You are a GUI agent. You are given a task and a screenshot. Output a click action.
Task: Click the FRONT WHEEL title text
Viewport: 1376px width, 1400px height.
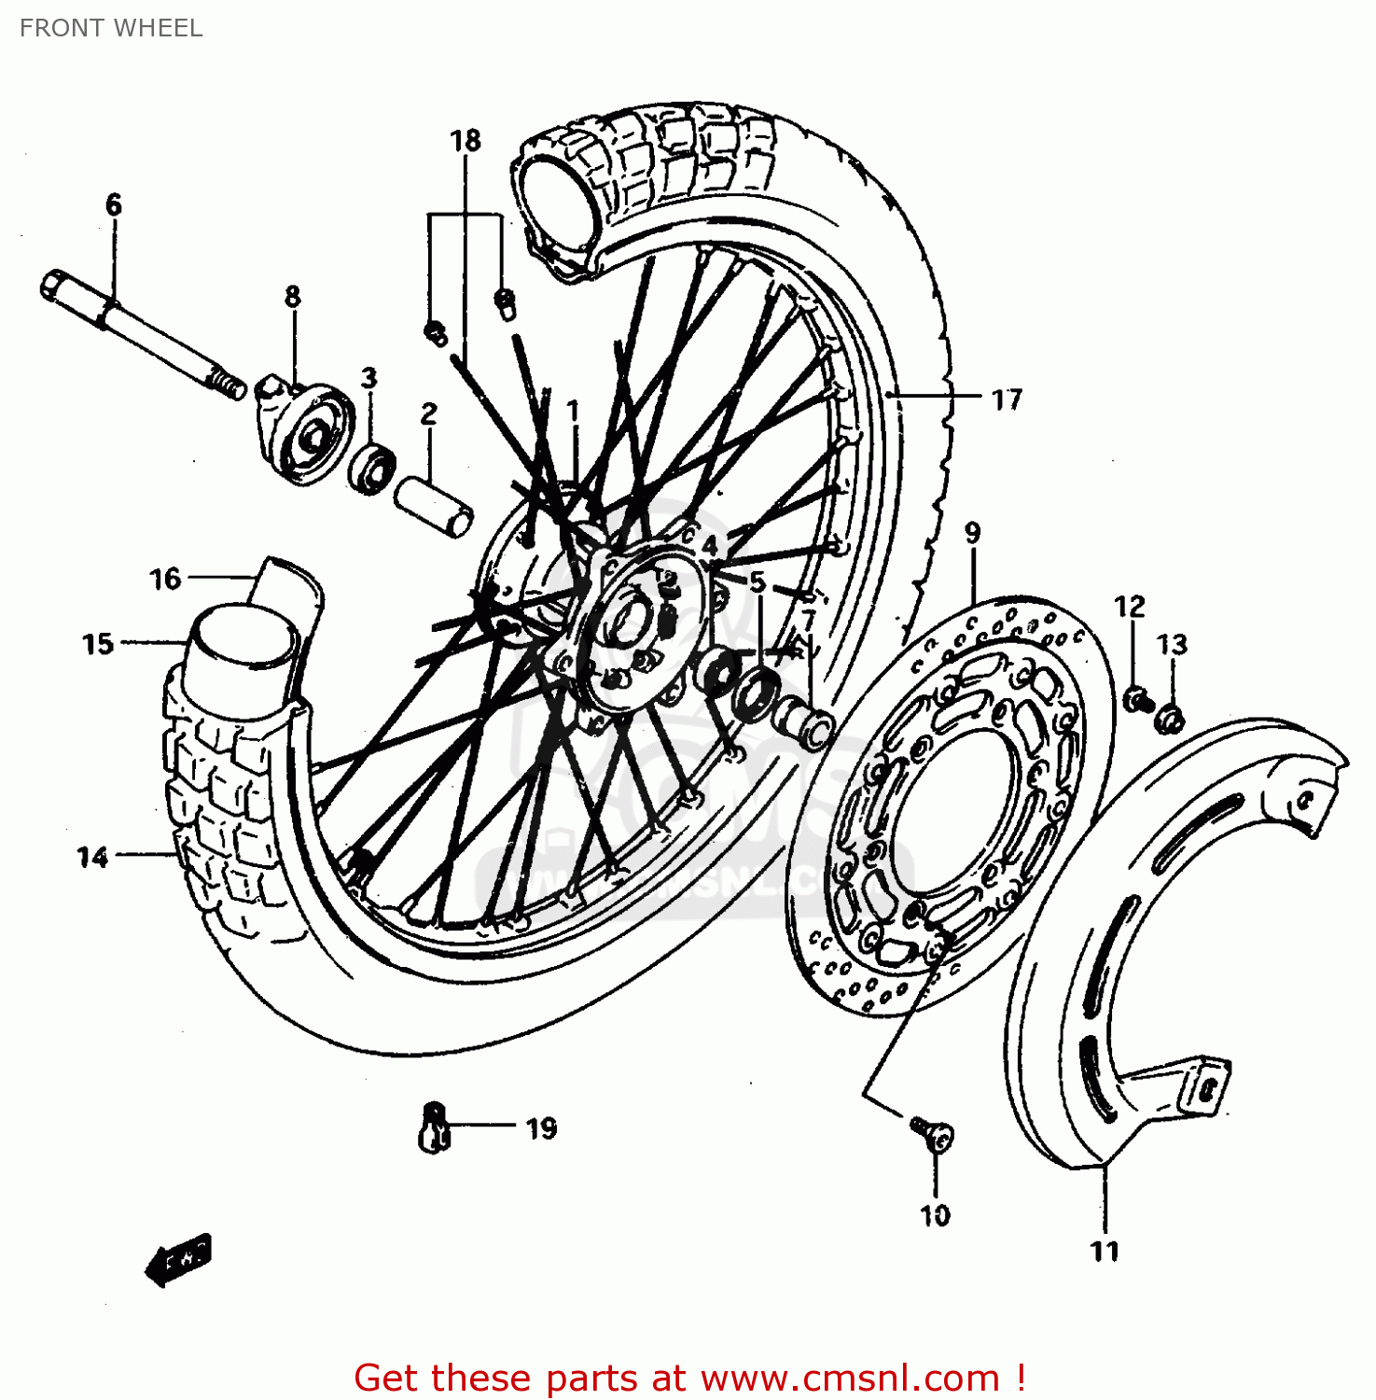point(111,28)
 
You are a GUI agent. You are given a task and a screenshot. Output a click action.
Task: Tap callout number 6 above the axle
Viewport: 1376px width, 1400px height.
point(114,204)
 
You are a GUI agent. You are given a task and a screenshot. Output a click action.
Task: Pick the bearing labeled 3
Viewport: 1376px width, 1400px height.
point(372,467)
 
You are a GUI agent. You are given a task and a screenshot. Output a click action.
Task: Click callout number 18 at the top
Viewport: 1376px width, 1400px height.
point(466,140)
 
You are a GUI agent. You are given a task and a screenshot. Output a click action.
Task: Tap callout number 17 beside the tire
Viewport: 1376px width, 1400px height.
point(1007,399)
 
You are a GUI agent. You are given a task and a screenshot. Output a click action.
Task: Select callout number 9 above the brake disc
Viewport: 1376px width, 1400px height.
point(973,533)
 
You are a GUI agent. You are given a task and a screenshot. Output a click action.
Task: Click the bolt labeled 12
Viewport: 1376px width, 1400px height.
point(1136,698)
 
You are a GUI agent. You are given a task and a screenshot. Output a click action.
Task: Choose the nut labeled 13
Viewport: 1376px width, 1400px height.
point(1170,719)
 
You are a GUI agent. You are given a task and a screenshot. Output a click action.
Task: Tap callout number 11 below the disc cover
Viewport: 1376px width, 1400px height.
point(1105,1251)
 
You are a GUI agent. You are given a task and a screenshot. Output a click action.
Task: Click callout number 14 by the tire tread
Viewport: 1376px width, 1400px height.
point(92,857)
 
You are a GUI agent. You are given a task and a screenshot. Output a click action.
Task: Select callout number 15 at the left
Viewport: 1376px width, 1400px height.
point(98,644)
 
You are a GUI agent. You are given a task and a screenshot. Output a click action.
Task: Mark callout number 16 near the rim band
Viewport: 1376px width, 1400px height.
point(165,580)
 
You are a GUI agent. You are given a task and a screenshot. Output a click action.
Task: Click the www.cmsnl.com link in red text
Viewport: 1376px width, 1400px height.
point(850,1378)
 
